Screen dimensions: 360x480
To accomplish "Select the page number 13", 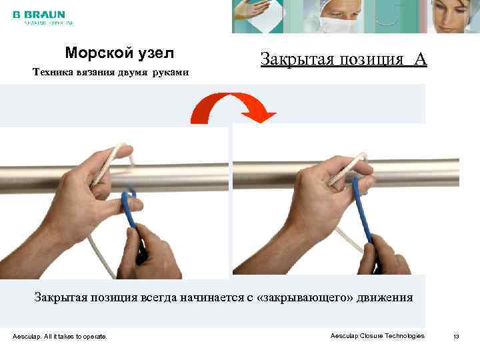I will (456, 336).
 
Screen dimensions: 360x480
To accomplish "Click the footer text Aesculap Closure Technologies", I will (377, 336).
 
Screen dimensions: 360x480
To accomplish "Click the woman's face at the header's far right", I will (453, 16).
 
